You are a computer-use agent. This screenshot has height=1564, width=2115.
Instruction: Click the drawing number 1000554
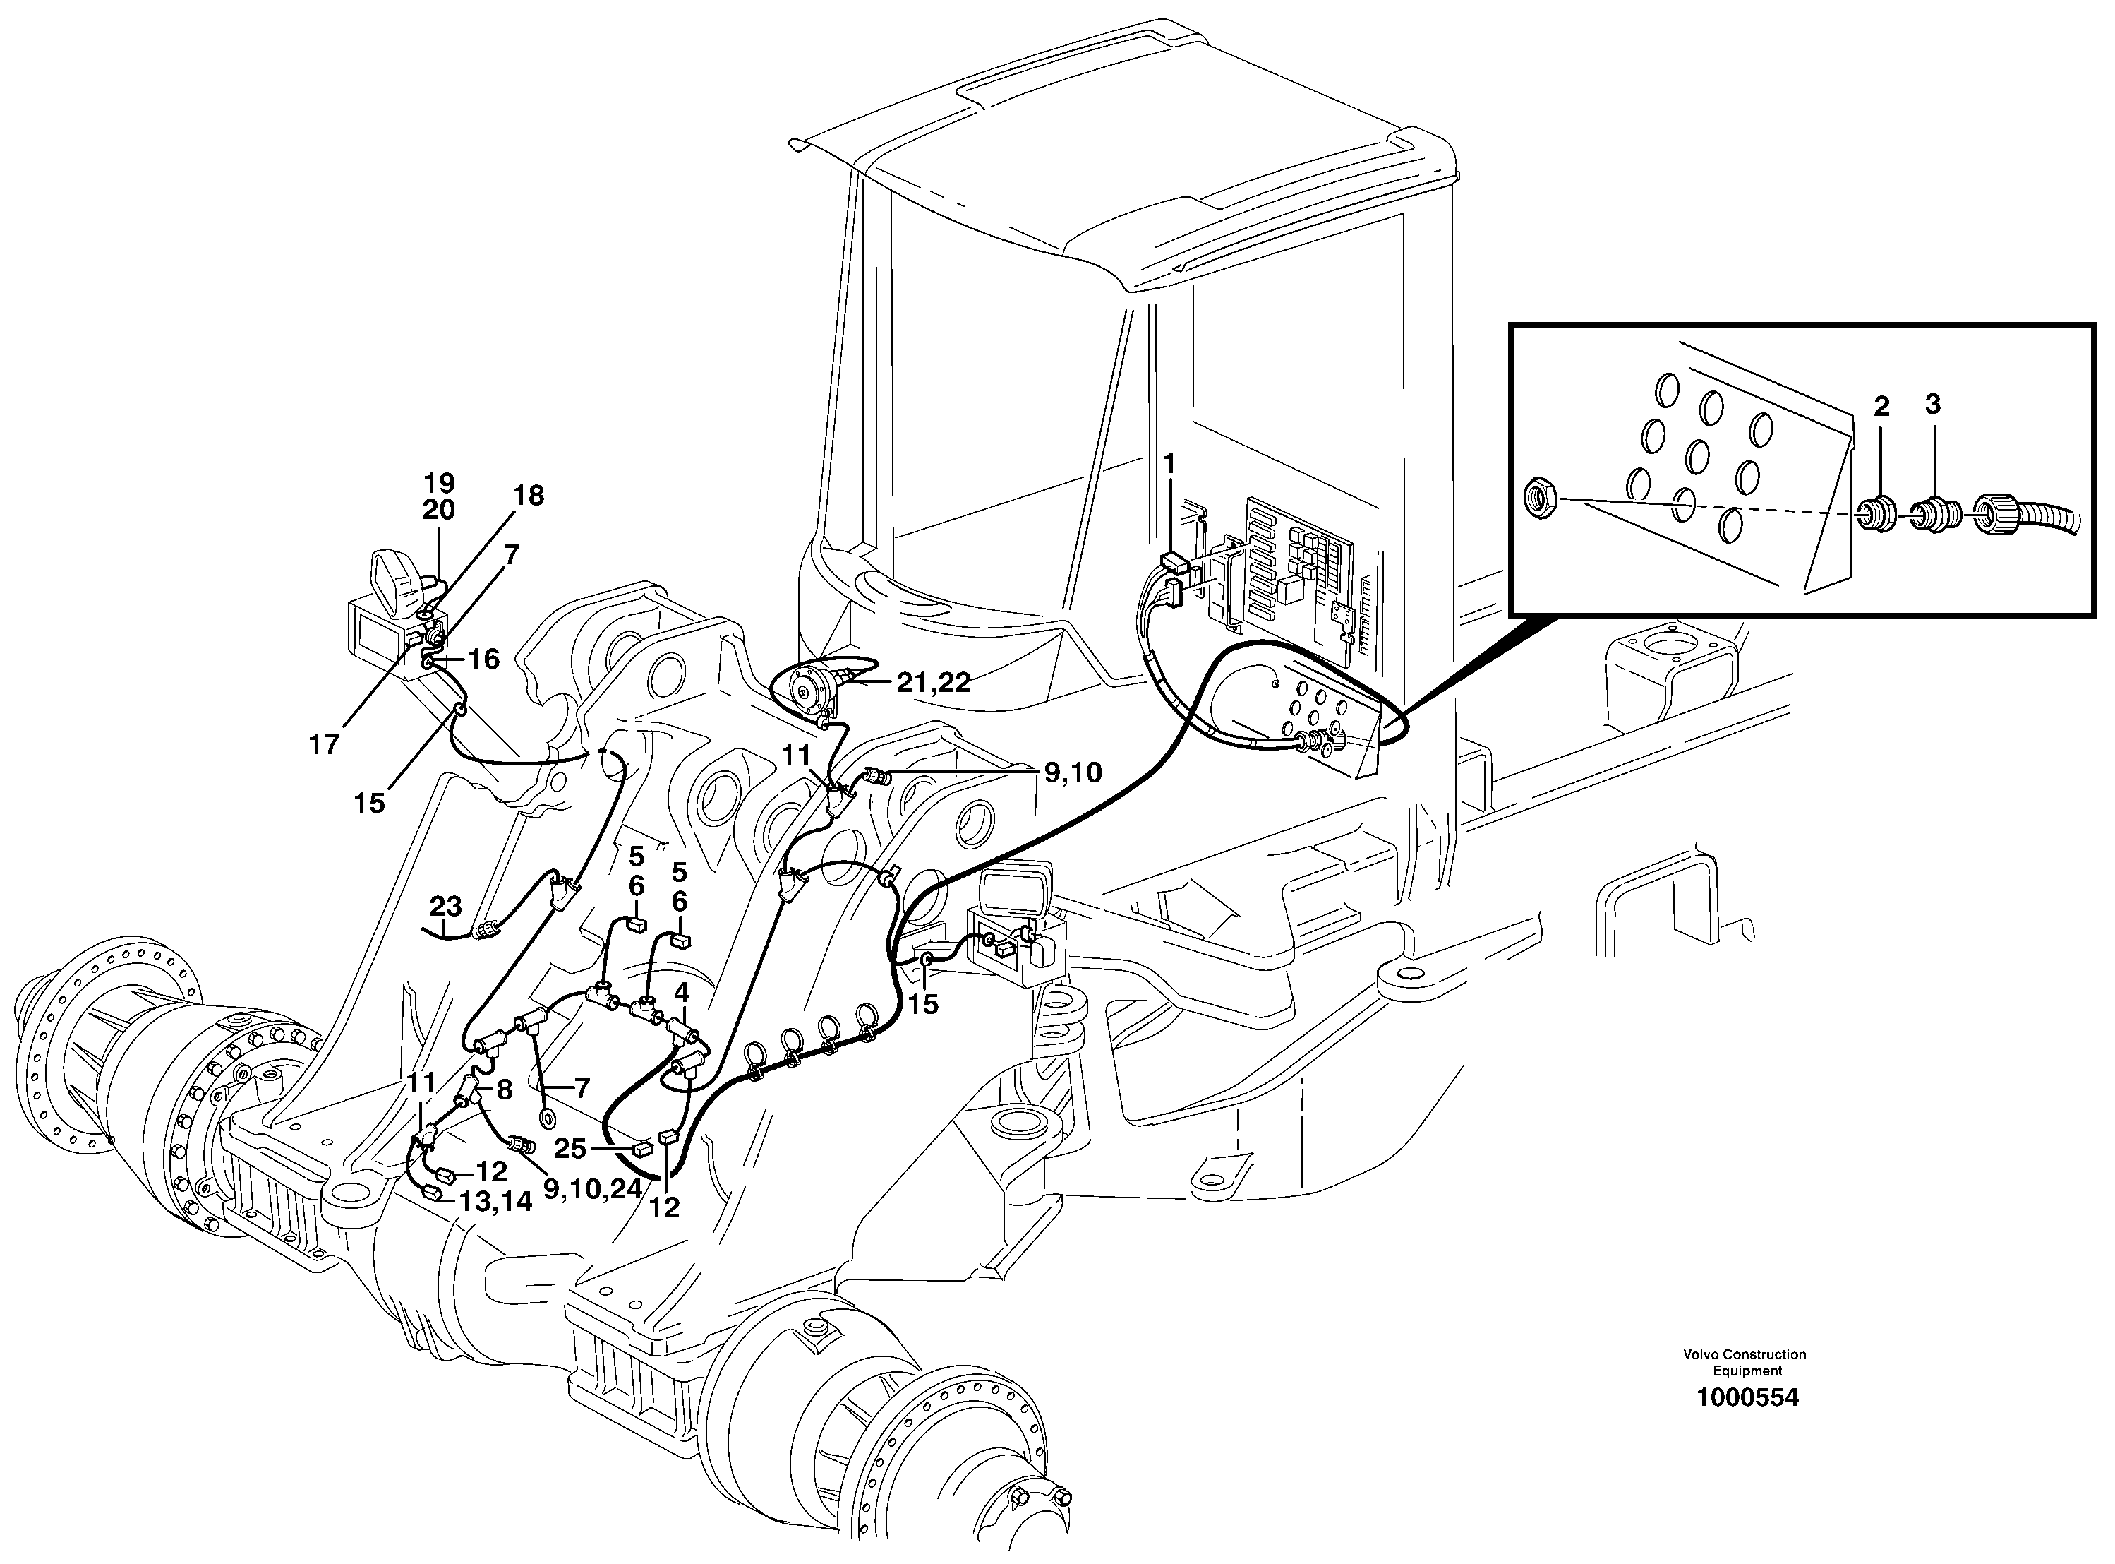click(x=1747, y=1397)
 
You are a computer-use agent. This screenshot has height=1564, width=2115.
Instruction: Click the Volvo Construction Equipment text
click(x=1744, y=1362)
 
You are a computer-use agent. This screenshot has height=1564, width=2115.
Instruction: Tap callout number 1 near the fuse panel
click(x=1169, y=463)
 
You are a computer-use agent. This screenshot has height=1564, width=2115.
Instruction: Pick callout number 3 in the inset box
click(x=1932, y=405)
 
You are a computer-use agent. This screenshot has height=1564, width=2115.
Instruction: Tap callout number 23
click(x=446, y=906)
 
